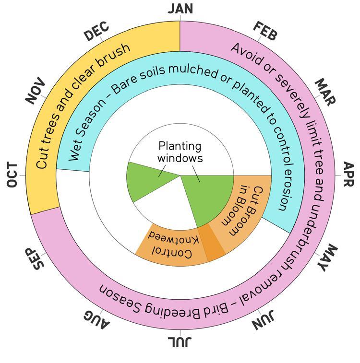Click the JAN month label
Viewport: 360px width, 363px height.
coord(180,8)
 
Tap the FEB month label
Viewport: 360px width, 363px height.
coord(264,31)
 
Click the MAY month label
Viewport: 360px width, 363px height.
coord(326,258)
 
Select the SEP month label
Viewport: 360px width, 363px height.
coord(35,259)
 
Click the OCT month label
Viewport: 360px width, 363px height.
coord(12,175)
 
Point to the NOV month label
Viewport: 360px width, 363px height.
coord(35,91)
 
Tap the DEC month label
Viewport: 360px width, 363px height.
coord(96,32)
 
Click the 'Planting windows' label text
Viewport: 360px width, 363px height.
coord(180,152)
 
